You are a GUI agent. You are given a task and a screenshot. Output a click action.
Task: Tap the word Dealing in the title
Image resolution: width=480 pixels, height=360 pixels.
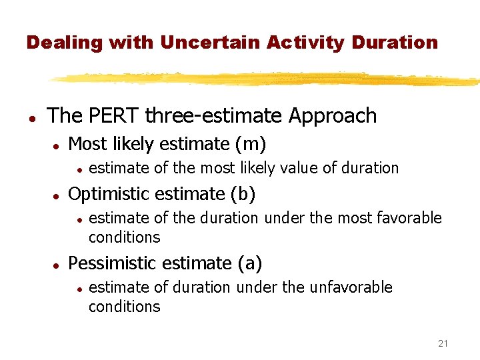pos(63,43)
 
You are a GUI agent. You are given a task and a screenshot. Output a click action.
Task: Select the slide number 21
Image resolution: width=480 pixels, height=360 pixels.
pos(443,343)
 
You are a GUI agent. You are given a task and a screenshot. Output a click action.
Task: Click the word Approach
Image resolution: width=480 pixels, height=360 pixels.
pos(333,115)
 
